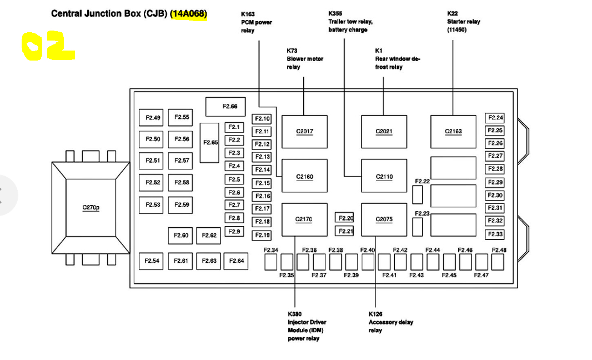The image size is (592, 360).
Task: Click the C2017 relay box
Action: tap(304, 132)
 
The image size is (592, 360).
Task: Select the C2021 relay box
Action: tap(384, 132)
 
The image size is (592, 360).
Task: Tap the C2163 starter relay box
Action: tap(453, 132)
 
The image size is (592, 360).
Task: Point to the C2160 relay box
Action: tap(304, 177)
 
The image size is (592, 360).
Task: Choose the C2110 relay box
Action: tap(384, 177)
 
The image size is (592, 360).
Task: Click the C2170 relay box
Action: tap(304, 219)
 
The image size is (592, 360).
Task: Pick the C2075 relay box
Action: tap(384, 219)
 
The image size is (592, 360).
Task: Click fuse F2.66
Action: tap(229, 106)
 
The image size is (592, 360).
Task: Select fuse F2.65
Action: tap(210, 143)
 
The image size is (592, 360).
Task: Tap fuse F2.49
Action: tap(153, 118)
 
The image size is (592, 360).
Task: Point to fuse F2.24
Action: tap(495, 118)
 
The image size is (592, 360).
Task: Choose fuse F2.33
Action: tap(495, 234)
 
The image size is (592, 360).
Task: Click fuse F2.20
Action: tap(345, 218)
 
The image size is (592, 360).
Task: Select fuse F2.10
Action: tap(262, 119)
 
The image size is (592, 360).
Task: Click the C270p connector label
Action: tap(91, 208)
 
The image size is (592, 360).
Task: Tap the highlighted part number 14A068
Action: tap(189, 14)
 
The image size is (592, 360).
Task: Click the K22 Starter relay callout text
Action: tap(463, 22)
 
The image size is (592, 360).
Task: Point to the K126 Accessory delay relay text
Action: tap(390, 322)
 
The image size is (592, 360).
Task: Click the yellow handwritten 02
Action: tap(48, 47)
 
